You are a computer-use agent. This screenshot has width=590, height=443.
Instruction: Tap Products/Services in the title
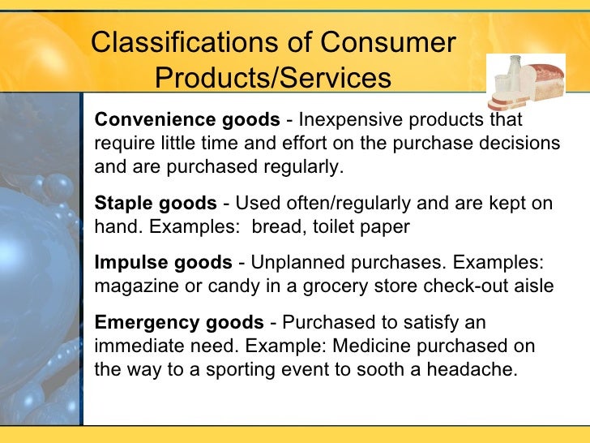pyautogui.click(x=272, y=80)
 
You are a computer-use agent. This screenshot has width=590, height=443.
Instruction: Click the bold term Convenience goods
pyautogui.click(x=186, y=121)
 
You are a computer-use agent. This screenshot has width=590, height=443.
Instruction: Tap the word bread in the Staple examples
pyautogui.click(x=276, y=227)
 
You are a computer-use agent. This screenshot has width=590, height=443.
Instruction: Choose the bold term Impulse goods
pyautogui.click(x=163, y=263)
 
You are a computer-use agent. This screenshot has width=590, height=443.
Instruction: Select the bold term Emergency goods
pyautogui.click(x=179, y=323)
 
